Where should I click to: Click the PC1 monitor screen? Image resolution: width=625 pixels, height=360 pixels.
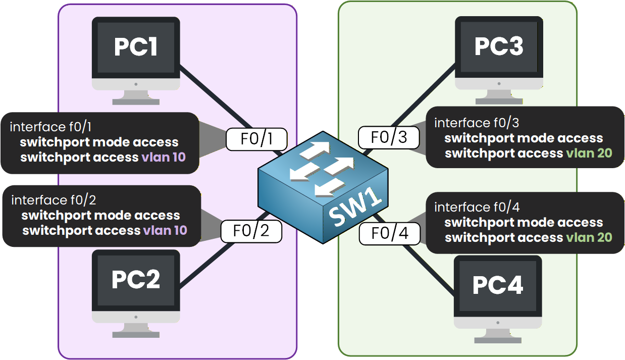[136, 48]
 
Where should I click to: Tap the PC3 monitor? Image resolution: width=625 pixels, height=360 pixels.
[499, 48]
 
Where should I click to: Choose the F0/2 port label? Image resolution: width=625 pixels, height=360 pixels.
[251, 231]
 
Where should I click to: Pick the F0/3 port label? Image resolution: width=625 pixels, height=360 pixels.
[389, 137]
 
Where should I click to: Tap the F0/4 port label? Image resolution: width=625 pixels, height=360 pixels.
[389, 234]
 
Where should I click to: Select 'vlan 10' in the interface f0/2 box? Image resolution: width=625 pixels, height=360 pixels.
[165, 231]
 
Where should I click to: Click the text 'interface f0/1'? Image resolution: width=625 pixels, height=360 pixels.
[53, 126]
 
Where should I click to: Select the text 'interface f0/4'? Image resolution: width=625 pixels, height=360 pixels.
[477, 207]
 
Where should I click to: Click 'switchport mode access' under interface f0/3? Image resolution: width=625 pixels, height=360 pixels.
[524, 138]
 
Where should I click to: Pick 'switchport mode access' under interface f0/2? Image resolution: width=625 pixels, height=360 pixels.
[100, 216]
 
